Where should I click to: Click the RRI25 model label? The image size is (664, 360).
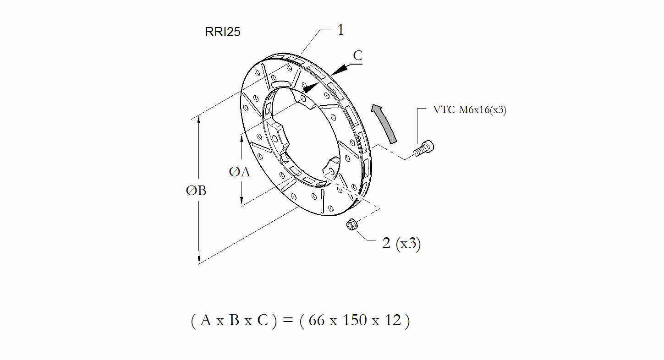(222, 32)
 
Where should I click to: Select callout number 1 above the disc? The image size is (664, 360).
(340, 30)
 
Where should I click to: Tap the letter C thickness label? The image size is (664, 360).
(358, 55)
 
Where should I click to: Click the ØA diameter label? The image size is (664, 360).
(240, 172)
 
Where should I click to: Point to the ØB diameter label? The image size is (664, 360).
(196, 191)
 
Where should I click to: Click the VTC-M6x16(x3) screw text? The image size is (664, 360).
(470, 110)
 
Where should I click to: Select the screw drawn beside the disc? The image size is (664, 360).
(424, 148)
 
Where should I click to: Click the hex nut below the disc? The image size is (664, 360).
(352, 224)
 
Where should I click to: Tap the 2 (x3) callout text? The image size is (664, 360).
(401, 244)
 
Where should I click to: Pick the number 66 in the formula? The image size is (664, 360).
(317, 320)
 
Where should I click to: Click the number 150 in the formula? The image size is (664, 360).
(355, 320)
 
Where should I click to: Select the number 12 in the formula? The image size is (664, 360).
(393, 320)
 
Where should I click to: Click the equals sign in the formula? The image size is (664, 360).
(288, 320)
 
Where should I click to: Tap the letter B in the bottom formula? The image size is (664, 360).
(234, 320)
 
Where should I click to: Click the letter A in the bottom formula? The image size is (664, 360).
(205, 320)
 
